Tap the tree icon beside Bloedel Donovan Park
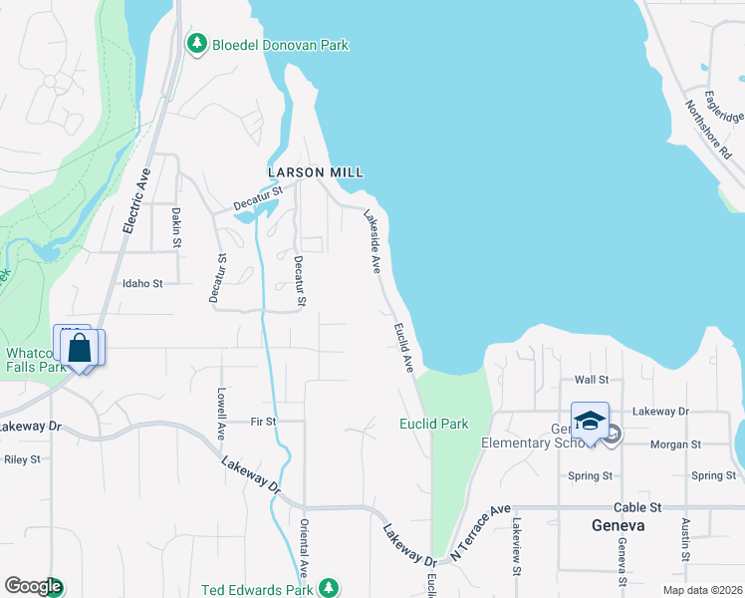click(196, 44)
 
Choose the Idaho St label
click(141, 284)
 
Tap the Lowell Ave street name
click(221, 415)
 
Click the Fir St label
click(263, 423)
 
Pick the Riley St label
click(22, 460)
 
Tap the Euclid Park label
click(434, 424)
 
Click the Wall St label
click(592, 380)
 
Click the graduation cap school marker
click(590, 420)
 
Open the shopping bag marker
click(80, 350)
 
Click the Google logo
click(32, 587)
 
